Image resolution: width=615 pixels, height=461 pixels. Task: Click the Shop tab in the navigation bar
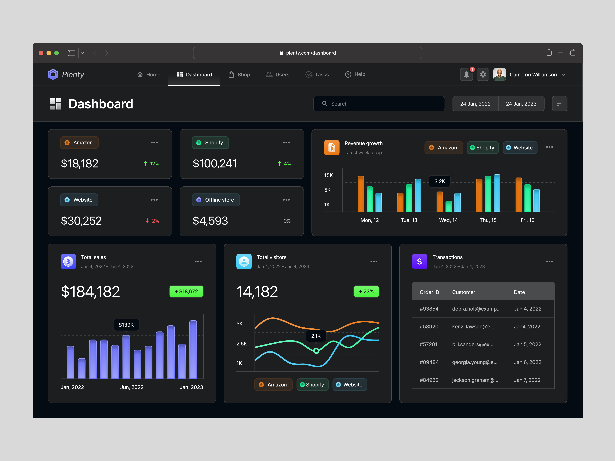(239, 75)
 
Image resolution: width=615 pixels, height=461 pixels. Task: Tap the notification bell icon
(466, 75)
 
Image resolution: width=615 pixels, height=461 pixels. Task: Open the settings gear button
(483, 75)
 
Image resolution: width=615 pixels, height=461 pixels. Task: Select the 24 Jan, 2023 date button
(521, 104)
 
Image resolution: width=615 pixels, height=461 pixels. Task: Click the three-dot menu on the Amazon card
(154, 143)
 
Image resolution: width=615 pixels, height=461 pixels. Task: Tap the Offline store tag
(216, 200)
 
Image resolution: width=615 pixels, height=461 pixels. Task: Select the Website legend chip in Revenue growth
(520, 148)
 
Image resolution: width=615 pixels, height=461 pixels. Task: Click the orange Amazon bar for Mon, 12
(361, 194)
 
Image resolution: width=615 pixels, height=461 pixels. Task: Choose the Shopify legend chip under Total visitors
(312, 385)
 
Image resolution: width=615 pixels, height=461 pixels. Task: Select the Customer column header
(463, 292)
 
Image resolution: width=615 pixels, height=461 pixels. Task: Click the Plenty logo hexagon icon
(53, 75)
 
